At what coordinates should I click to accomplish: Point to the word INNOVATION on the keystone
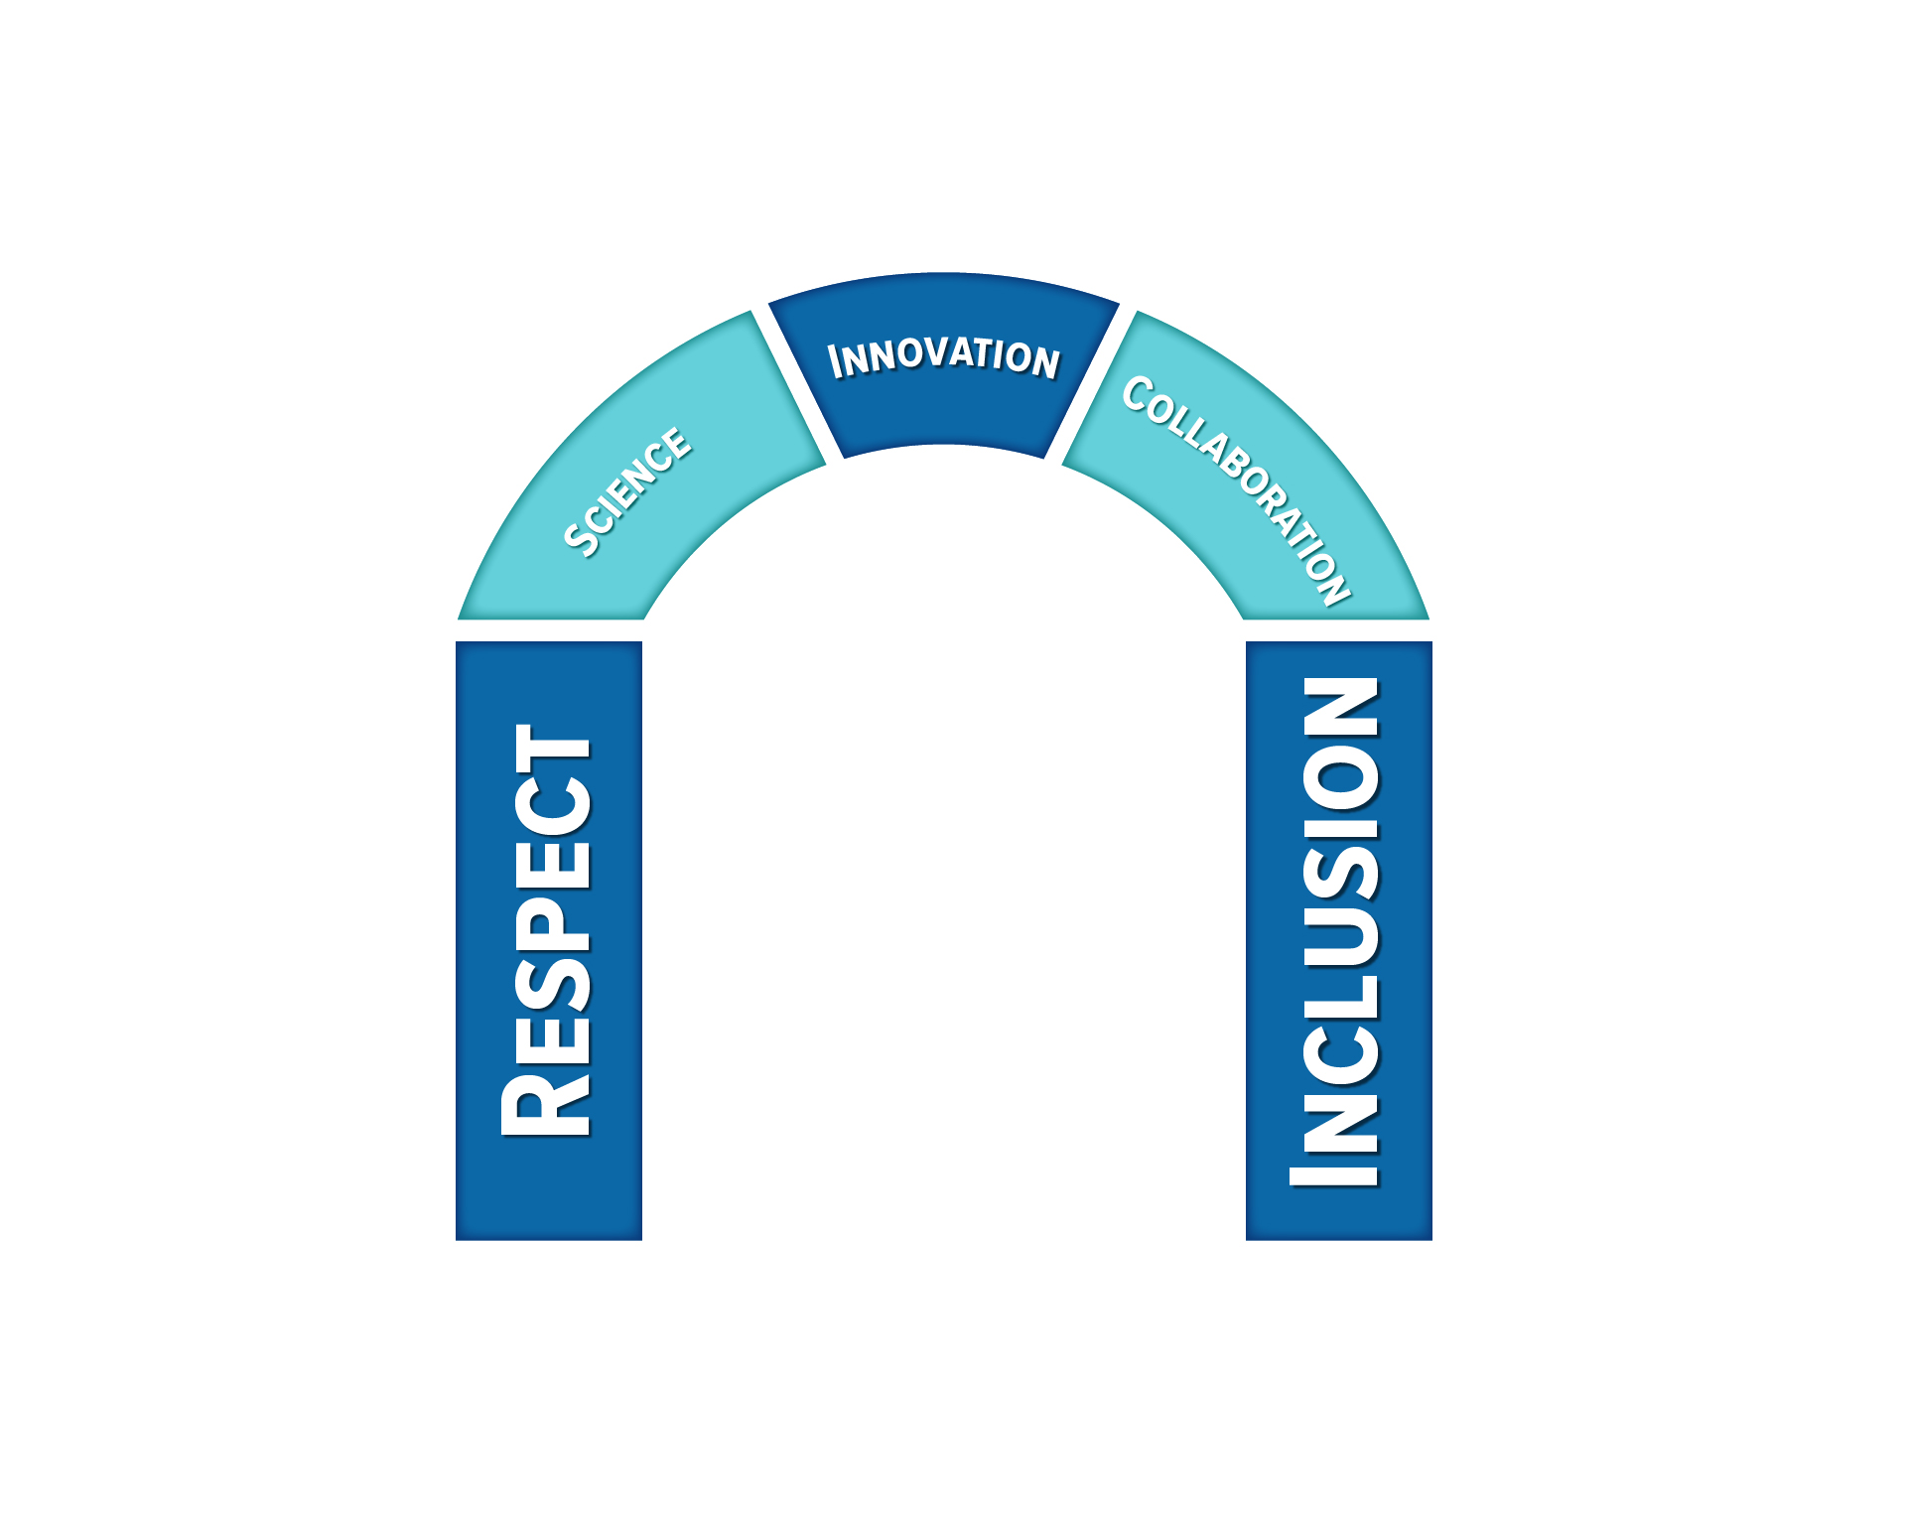click(x=944, y=357)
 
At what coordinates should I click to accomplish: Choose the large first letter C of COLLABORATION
click(x=1137, y=393)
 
